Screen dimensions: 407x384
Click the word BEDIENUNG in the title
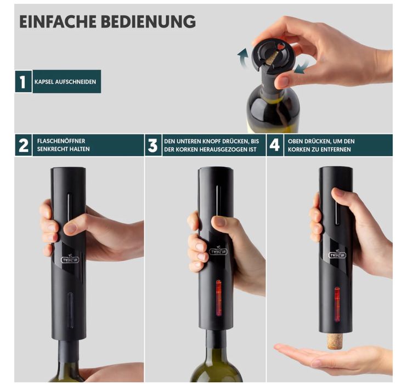click(148, 21)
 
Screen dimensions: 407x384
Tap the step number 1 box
click(24, 82)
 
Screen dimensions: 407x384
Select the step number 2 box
click(24, 145)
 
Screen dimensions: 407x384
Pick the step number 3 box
click(153, 145)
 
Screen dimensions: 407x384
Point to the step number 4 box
click(275, 145)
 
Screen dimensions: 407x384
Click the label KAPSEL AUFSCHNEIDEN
click(65, 82)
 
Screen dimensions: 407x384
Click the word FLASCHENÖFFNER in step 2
click(61, 141)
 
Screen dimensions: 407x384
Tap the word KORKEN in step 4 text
click(298, 150)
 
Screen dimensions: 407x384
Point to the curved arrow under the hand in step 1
click(302, 67)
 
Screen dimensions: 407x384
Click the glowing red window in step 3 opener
click(219, 298)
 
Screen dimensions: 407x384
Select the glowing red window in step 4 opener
click(337, 304)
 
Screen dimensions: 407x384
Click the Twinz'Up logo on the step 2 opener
click(70, 259)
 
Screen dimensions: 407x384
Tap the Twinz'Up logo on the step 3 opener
click(218, 251)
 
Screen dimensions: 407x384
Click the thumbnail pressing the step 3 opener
click(220, 222)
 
